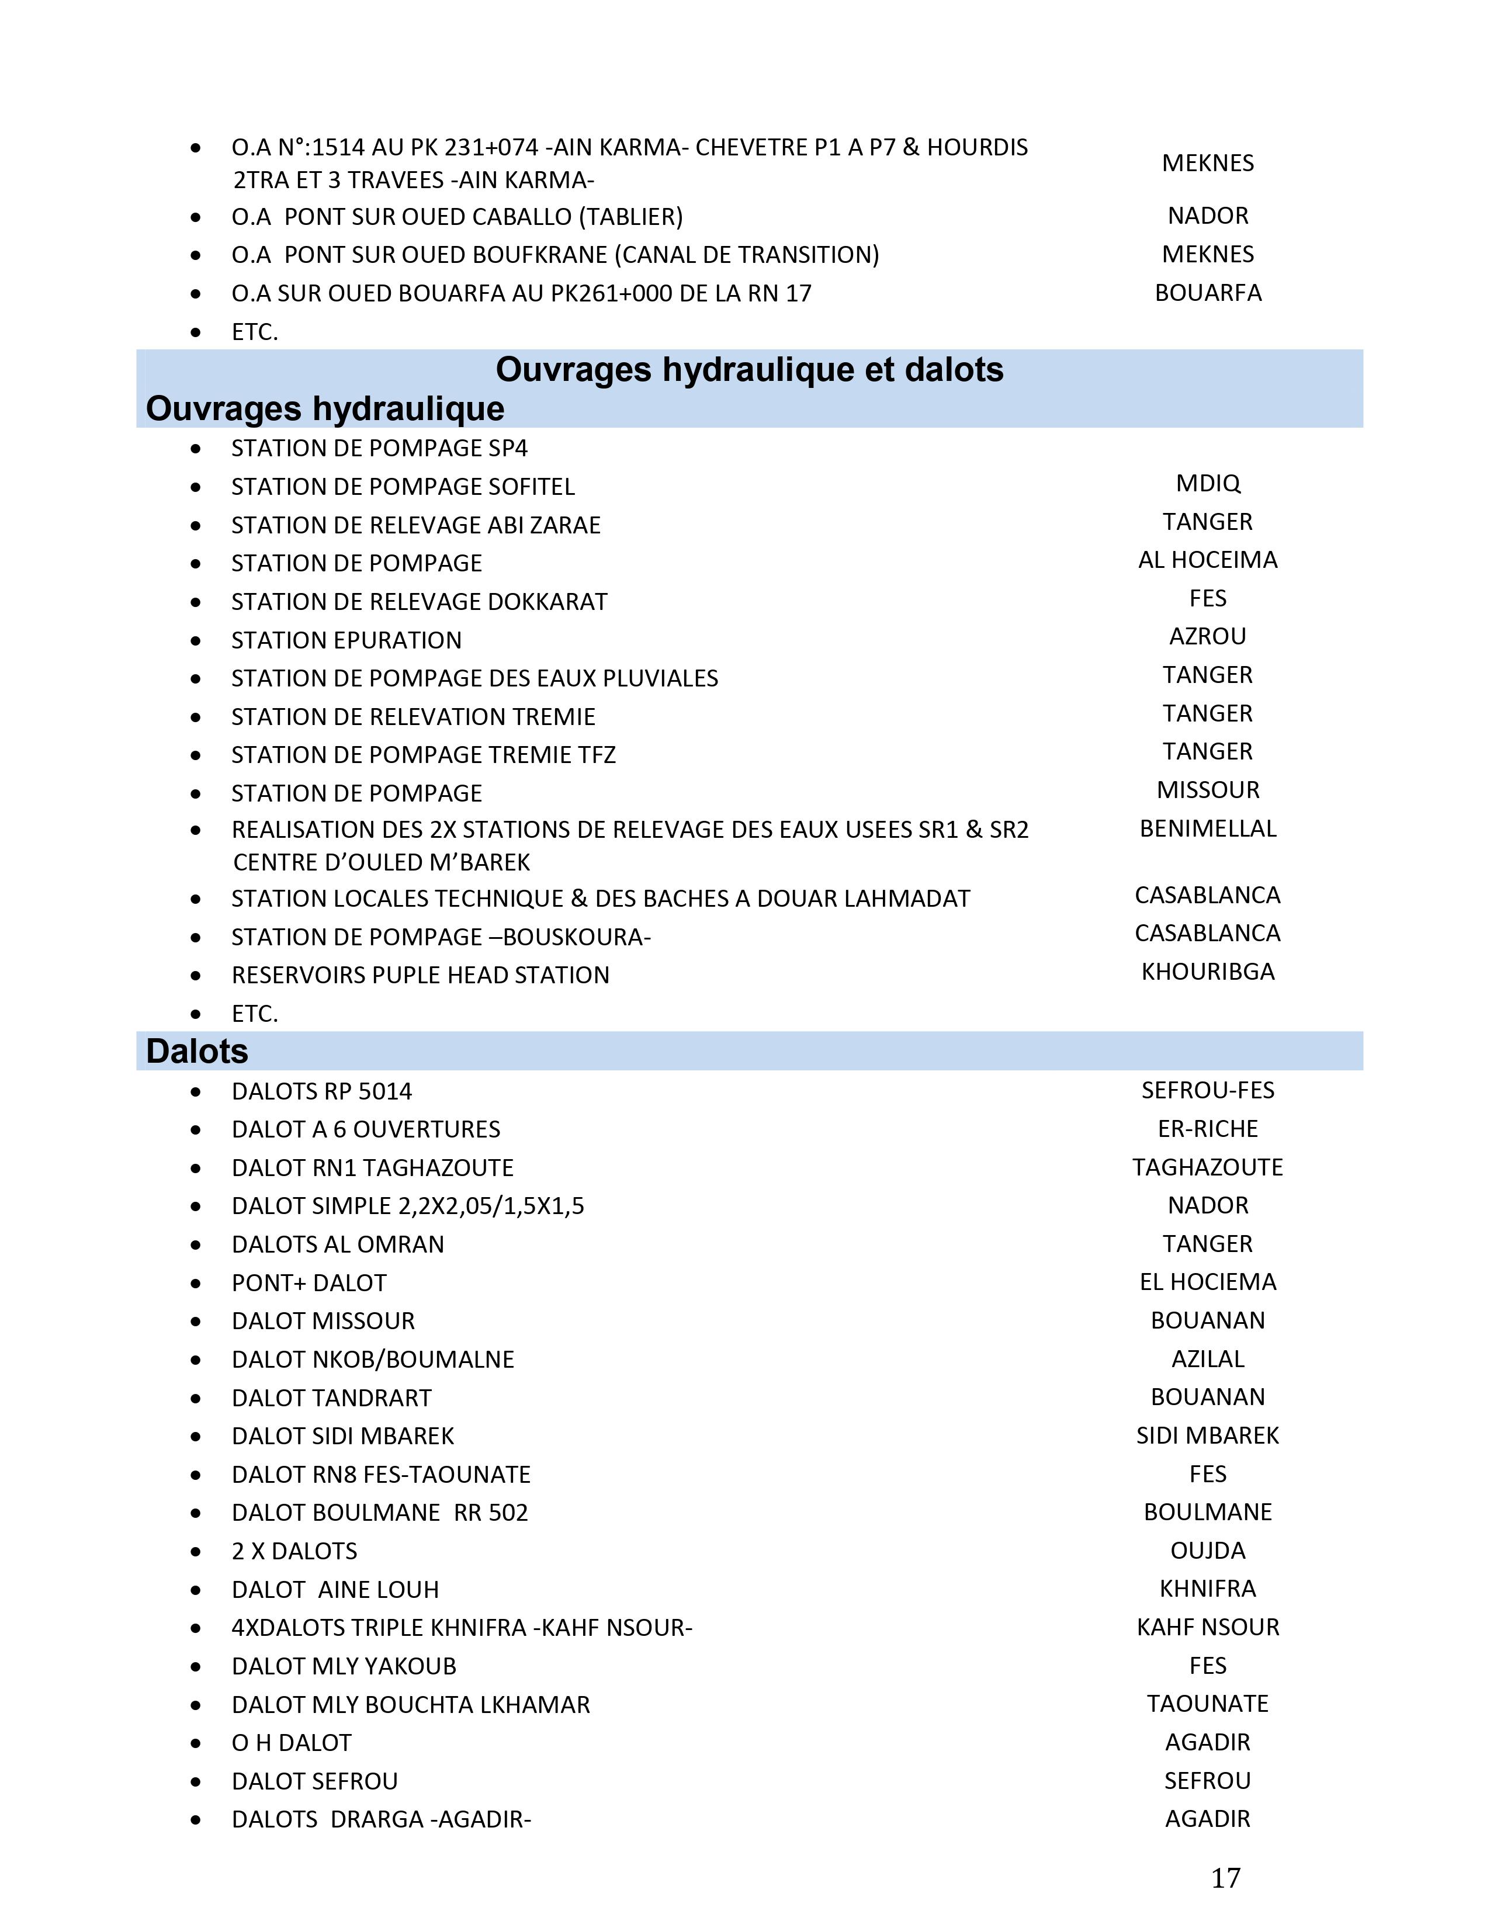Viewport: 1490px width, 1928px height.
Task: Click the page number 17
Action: coord(1225,1878)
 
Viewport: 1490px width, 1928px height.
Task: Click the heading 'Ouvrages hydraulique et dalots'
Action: coord(750,370)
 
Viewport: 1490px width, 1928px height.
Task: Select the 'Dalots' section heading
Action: coord(197,1052)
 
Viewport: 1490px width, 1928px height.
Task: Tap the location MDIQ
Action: coord(1208,484)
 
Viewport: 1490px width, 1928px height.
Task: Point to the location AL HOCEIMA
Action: coord(1208,560)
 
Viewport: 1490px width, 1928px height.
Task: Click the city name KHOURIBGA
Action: coord(1208,972)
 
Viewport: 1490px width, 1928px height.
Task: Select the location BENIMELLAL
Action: coord(1208,829)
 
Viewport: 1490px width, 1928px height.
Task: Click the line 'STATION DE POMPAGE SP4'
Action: coord(379,449)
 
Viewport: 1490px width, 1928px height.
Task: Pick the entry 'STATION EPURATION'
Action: coord(346,640)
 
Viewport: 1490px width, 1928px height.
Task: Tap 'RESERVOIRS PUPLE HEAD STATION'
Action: coord(420,976)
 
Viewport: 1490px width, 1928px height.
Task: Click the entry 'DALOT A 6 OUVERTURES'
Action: coord(365,1129)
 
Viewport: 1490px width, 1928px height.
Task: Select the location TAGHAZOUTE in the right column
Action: coord(1208,1167)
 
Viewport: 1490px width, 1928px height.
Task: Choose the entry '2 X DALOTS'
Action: coord(294,1551)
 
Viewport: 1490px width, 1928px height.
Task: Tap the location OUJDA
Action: coord(1208,1551)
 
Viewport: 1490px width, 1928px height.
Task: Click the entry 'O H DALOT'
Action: coord(292,1743)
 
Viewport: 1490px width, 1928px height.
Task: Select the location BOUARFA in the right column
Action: coord(1208,293)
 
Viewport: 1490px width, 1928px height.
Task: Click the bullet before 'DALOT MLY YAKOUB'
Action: coord(195,1667)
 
